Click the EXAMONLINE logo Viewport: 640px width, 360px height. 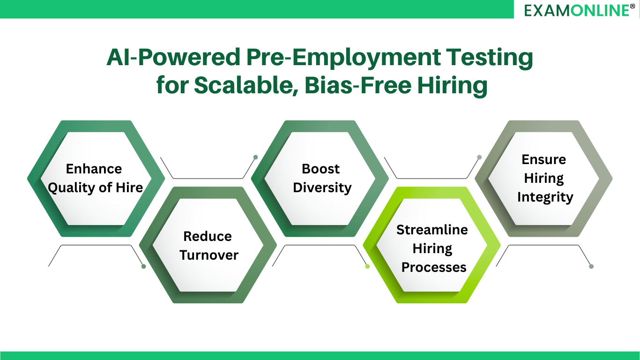coord(576,10)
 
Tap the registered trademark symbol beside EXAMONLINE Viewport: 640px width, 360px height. coord(633,6)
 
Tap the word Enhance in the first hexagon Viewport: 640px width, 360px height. coord(94,169)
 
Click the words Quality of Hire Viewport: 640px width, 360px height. coord(96,187)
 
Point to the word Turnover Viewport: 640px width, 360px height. coord(209,255)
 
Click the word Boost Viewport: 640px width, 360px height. coord(320,169)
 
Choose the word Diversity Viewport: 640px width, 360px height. coord(322,187)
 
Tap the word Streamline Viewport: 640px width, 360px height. coord(432,230)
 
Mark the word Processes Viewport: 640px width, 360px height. coord(434,267)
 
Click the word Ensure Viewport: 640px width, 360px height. coord(543,159)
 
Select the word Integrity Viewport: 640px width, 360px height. coord(545,197)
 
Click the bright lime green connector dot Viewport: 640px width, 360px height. coord(367,266)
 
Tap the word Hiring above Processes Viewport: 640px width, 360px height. coord(432,248)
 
